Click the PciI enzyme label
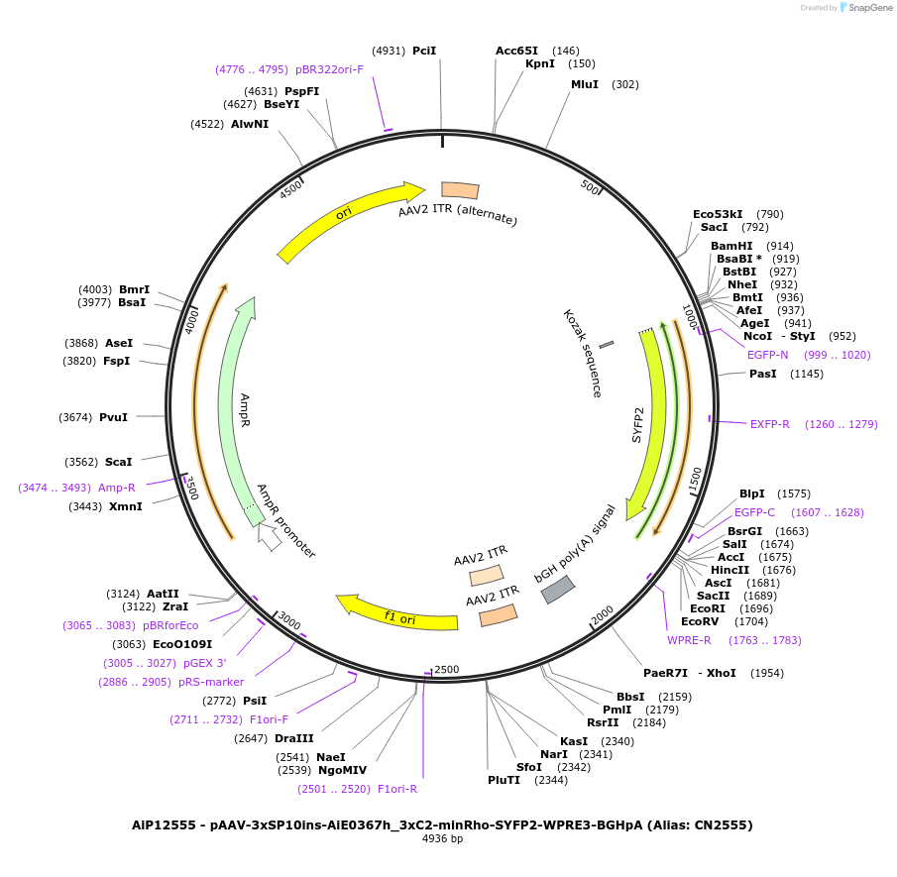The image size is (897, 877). click(x=424, y=51)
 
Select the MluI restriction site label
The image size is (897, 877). click(x=585, y=84)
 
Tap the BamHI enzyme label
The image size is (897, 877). click(x=731, y=246)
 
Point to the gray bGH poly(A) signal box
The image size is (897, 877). click(x=556, y=590)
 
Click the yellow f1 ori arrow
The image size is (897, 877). click(x=396, y=612)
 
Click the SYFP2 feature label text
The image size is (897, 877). click(x=638, y=423)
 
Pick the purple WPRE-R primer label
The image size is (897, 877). click(x=689, y=640)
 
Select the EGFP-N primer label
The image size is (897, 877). click(x=768, y=354)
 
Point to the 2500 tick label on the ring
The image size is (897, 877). click(x=446, y=670)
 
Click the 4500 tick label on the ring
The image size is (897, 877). click(x=291, y=189)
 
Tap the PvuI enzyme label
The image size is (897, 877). click(x=113, y=417)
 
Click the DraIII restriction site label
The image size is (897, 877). click(x=294, y=738)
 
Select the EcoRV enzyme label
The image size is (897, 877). click(x=700, y=621)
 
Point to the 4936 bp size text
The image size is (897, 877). click(x=442, y=839)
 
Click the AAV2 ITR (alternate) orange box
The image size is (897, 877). click(x=460, y=189)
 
